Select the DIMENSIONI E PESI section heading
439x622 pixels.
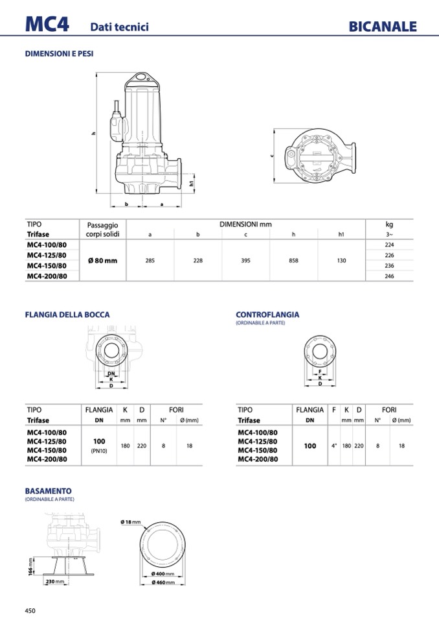point(59,54)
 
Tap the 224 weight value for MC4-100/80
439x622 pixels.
point(388,245)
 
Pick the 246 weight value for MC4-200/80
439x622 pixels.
point(388,276)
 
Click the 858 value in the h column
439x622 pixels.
point(293,260)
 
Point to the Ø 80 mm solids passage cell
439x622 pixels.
point(102,260)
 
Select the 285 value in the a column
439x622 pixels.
point(150,260)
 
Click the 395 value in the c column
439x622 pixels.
point(245,260)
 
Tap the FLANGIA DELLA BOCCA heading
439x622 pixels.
point(67,315)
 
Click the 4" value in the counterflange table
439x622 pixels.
point(333,446)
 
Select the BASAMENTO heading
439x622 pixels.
point(48,491)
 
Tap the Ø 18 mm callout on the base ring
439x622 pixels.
point(130,521)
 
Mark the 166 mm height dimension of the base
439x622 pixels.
point(31,566)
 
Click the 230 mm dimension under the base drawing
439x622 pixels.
point(55,581)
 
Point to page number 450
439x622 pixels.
point(30,610)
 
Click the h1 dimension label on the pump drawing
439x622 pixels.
point(192,183)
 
